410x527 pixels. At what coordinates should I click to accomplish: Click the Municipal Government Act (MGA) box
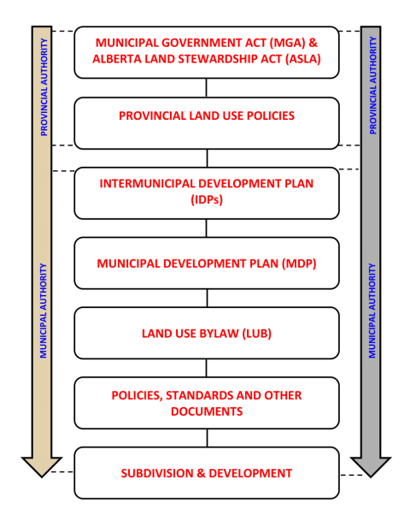tap(206, 51)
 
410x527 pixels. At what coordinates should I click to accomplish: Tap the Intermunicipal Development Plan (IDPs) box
tap(206, 192)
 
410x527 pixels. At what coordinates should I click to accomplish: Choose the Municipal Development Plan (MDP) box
tap(206, 263)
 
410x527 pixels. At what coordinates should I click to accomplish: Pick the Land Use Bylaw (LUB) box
tap(206, 333)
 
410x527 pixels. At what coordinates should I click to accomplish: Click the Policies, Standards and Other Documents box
tap(206, 403)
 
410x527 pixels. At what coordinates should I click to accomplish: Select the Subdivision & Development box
tap(206, 473)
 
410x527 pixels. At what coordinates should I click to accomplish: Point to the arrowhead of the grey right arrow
tap(372, 465)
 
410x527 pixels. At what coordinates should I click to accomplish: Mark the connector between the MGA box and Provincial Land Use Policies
tap(206, 87)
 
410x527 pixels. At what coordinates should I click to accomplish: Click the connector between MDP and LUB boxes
tap(206, 298)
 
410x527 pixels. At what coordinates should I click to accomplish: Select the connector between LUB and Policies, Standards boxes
tap(206, 368)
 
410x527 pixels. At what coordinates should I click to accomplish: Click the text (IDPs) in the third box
tap(206, 200)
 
